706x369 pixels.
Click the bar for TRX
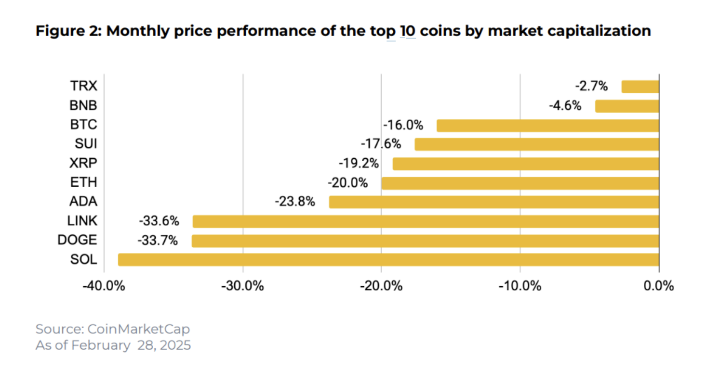(x=640, y=87)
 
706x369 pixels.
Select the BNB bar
(x=627, y=106)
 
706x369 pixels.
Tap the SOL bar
(x=388, y=260)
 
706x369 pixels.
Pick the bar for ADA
(x=494, y=202)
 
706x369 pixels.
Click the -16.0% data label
(x=403, y=126)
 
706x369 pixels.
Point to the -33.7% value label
(x=158, y=241)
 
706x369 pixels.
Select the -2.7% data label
(x=591, y=87)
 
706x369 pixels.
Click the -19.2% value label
(x=359, y=164)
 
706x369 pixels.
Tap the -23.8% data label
(x=295, y=202)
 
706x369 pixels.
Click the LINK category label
(x=82, y=221)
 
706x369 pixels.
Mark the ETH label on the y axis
(x=83, y=182)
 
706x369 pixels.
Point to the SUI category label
(x=86, y=144)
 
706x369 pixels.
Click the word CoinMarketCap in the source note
(x=139, y=329)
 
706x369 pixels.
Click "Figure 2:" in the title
(x=67, y=31)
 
